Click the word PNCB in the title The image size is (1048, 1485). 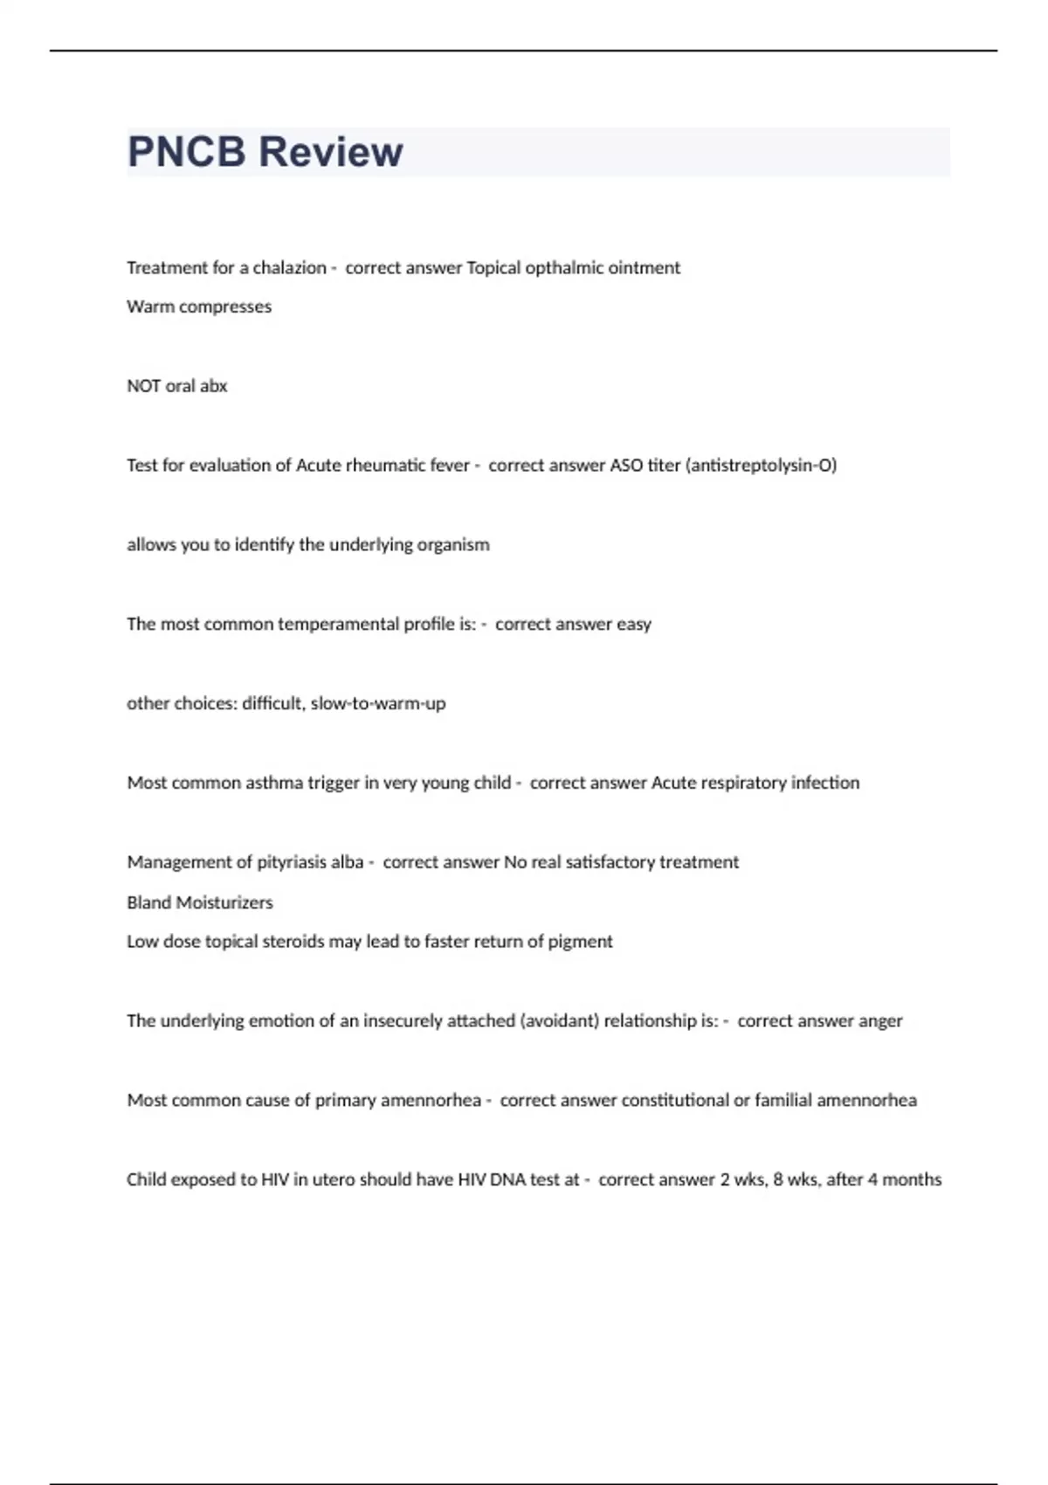pos(187,152)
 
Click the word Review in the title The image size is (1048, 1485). pos(331,152)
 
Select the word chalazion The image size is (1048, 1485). pos(289,268)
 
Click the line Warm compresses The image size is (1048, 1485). pos(199,307)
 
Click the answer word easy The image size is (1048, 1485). pos(634,625)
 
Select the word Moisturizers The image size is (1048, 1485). pos(226,902)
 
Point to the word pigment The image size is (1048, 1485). pos(580,942)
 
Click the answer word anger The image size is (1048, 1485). pos(880,1021)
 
